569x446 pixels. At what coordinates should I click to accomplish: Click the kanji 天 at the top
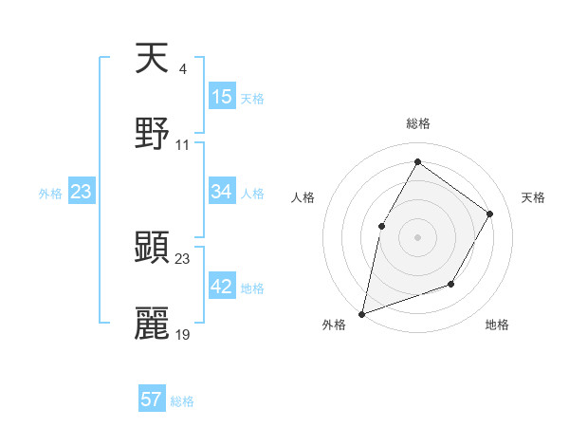coord(152,59)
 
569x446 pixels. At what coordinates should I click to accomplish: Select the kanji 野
coord(152,134)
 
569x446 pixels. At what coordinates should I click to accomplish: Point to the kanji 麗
coord(152,324)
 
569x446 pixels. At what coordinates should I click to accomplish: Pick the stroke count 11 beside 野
coord(183,144)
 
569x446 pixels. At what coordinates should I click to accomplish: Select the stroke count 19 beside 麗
coord(183,334)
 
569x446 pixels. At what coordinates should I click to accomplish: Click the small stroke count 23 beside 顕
coord(183,258)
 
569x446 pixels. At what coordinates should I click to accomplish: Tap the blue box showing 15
coord(222,97)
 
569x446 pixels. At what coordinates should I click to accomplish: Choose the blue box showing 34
coord(222,192)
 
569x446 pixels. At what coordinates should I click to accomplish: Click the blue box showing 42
coord(222,287)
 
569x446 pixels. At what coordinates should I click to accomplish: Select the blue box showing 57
coord(152,400)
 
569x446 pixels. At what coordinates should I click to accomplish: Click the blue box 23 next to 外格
coord(82,192)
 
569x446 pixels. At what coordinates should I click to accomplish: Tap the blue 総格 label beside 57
coord(182,401)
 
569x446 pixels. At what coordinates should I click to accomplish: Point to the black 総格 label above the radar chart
coord(418,123)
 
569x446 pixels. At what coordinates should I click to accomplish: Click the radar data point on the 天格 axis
coord(490,214)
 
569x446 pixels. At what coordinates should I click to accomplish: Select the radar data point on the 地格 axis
coord(451,284)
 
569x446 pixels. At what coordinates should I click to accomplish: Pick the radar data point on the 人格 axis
coord(381,226)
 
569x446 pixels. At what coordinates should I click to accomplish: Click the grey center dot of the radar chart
coord(417,236)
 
